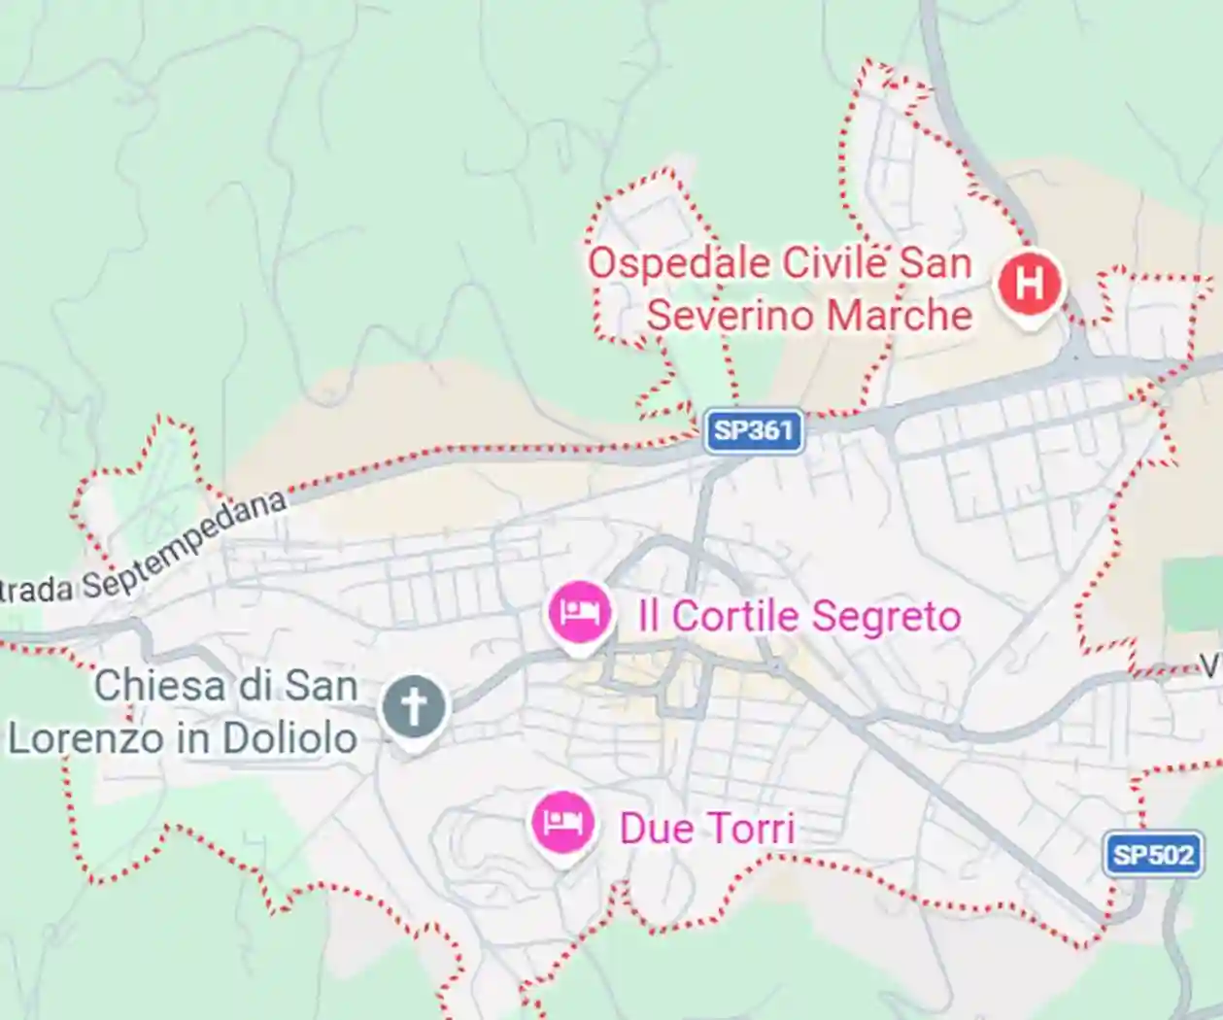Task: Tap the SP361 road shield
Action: click(x=755, y=430)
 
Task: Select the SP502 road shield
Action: click(x=1153, y=855)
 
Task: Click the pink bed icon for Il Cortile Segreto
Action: click(x=579, y=613)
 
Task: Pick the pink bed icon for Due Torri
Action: click(x=562, y=824)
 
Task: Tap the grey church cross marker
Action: click(x=414, y=707)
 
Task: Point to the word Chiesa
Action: click(x=161, y=686)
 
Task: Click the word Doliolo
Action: click(x=289, y=738)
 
